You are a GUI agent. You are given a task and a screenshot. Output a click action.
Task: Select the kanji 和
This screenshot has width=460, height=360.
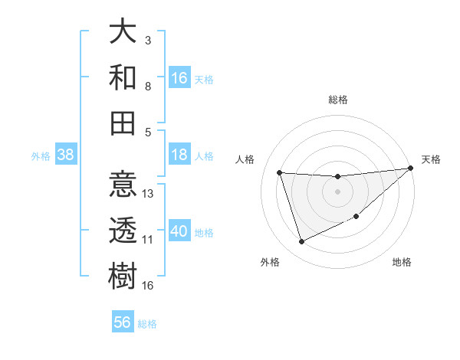[x=123, y=77]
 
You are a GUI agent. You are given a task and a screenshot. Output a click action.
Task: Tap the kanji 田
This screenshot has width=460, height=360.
[x=123, y=123]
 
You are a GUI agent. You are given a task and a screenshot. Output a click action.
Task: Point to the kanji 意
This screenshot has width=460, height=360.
[x=123, y=185]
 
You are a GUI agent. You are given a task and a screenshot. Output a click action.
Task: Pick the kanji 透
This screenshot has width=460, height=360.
[x=123, y=231]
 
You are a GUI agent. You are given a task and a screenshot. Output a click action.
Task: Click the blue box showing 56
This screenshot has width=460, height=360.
[x=123, y=323]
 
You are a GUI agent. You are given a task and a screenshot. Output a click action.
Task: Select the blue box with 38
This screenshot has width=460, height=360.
[x=65, y=155]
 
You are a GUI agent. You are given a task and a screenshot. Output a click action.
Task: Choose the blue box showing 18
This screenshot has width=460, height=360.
[x=179, y=155]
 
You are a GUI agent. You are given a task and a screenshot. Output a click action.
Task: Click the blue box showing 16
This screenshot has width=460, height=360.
[x=179, y=78]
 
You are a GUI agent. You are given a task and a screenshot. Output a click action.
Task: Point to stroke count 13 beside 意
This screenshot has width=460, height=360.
[x=149, y=194]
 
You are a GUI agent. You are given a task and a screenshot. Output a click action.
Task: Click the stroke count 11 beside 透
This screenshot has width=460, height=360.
[x=148, y=240]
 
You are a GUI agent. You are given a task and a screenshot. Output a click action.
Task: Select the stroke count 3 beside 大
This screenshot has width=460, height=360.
[x=148, y=40]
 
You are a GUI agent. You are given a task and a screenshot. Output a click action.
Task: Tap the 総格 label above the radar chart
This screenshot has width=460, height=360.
[x=337, y=100]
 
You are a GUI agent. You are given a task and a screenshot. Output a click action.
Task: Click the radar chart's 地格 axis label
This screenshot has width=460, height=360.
[x=402, y=262]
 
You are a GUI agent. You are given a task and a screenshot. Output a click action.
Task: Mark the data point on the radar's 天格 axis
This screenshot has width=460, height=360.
[x=409, y=169]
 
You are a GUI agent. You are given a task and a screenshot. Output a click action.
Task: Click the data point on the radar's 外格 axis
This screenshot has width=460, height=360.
[x=301, y=242]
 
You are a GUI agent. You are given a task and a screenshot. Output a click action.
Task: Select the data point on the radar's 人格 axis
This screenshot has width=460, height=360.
[x=280, y=172]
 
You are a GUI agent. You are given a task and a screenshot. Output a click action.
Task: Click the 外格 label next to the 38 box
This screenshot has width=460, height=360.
[x=41, y=156]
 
